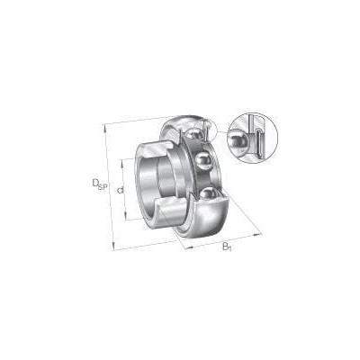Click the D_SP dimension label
(x=100, y=184)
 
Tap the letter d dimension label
(x=121, y=190)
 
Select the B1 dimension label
(x=227, y=247)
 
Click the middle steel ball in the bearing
(x=202, y=160)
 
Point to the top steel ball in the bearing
(x=193, y=133)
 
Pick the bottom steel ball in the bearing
(x=208, y=193)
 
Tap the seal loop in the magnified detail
(x=259, y=141)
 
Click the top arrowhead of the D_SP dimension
(x=105, y=129)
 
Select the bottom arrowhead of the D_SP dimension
(x=113, y=246)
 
